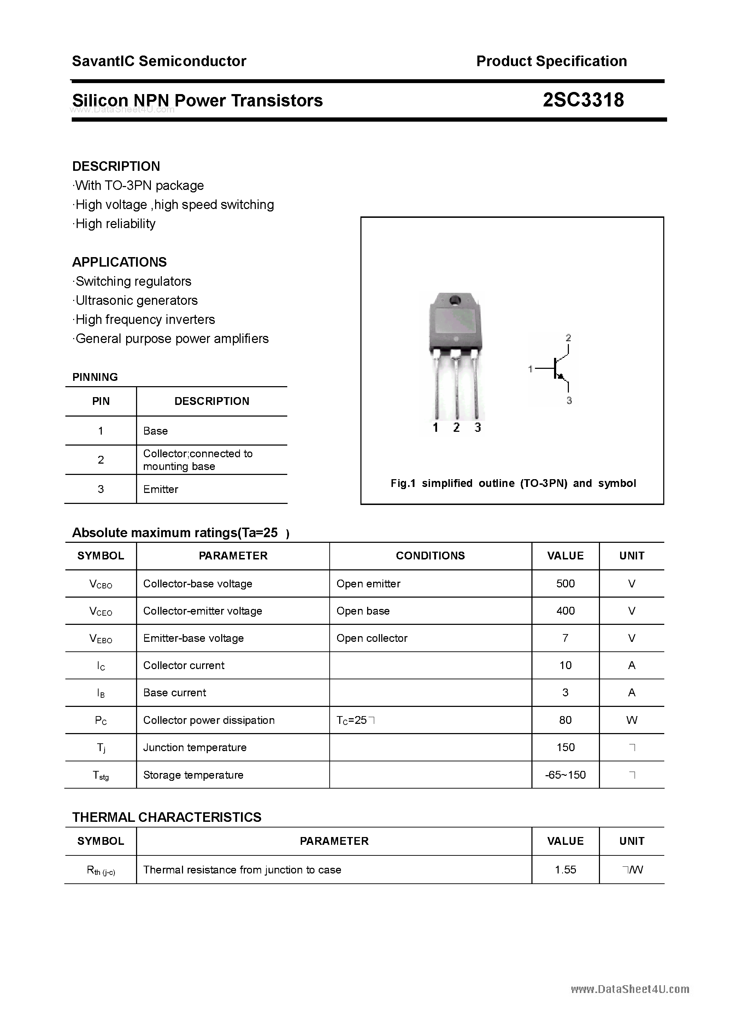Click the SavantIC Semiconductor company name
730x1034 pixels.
[159, 61]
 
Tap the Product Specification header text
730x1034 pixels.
[551, 61]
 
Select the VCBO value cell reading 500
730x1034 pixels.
[565, 583]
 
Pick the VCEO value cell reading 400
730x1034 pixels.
[565, 611]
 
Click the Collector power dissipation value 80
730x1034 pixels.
[565, 720]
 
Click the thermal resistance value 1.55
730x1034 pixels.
[565, 870]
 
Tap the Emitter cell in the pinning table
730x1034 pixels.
[161, 489]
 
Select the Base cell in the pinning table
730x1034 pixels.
[155, 431]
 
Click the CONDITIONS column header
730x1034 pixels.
[430, 556]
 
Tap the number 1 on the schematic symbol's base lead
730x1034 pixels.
[530, 369]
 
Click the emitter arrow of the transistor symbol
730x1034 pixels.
[561, 377]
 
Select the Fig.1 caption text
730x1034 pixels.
[513, 483]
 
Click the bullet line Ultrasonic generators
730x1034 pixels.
[136, 300]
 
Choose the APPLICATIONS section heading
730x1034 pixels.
[119, 262]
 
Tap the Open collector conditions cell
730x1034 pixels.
[372, 638]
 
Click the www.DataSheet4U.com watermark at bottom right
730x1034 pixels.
[630, 989]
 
